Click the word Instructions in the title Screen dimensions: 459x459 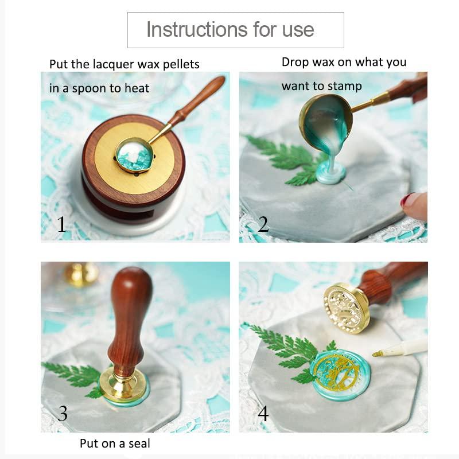point(197,30)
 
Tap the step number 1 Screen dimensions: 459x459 point(61,224)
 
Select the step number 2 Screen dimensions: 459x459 point(263,224)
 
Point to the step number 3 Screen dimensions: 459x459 point(63,413)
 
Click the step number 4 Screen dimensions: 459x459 point(263,413)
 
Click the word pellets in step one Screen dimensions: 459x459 point(181,65)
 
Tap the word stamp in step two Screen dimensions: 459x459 point(345,87)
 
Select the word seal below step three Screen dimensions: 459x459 point(139,443)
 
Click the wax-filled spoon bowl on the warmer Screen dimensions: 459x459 point(134,155)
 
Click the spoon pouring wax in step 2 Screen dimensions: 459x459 point(325,122)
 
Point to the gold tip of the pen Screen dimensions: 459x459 point(378,354)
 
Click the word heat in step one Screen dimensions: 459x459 point(137,88)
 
